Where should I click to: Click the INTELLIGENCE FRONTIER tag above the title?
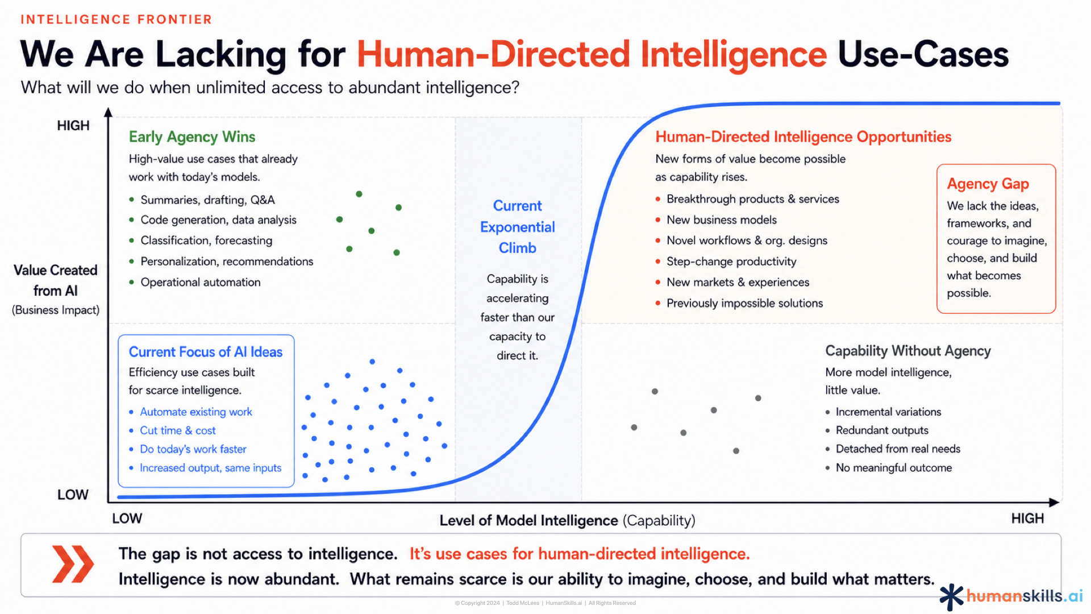click(116, 19)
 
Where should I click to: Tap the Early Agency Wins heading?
click(192, 137)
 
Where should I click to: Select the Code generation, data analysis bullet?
click(218, 220)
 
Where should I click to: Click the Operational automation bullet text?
click(201, 282)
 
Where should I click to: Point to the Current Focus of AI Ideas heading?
click(206, 352)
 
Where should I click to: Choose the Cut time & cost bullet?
click(178, 430)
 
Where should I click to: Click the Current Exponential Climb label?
click(518, 227)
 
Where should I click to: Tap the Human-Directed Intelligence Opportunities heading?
click(803, 137)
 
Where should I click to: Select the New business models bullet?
click(722, 220)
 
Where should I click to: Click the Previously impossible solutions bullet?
click(744, 303)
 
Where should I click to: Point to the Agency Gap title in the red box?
click(988, 184)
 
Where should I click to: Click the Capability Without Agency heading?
click(908, 351)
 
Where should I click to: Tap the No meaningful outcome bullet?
click(894, 468)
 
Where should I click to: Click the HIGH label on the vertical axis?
click(73, 126)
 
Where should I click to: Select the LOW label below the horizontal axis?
click(127, 518)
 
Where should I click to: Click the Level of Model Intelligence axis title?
click(567, 520)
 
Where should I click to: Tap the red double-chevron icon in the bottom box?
click(73, 564)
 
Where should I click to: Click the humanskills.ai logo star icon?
click(951, 597)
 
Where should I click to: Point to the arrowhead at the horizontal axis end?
click(1055, 503)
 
